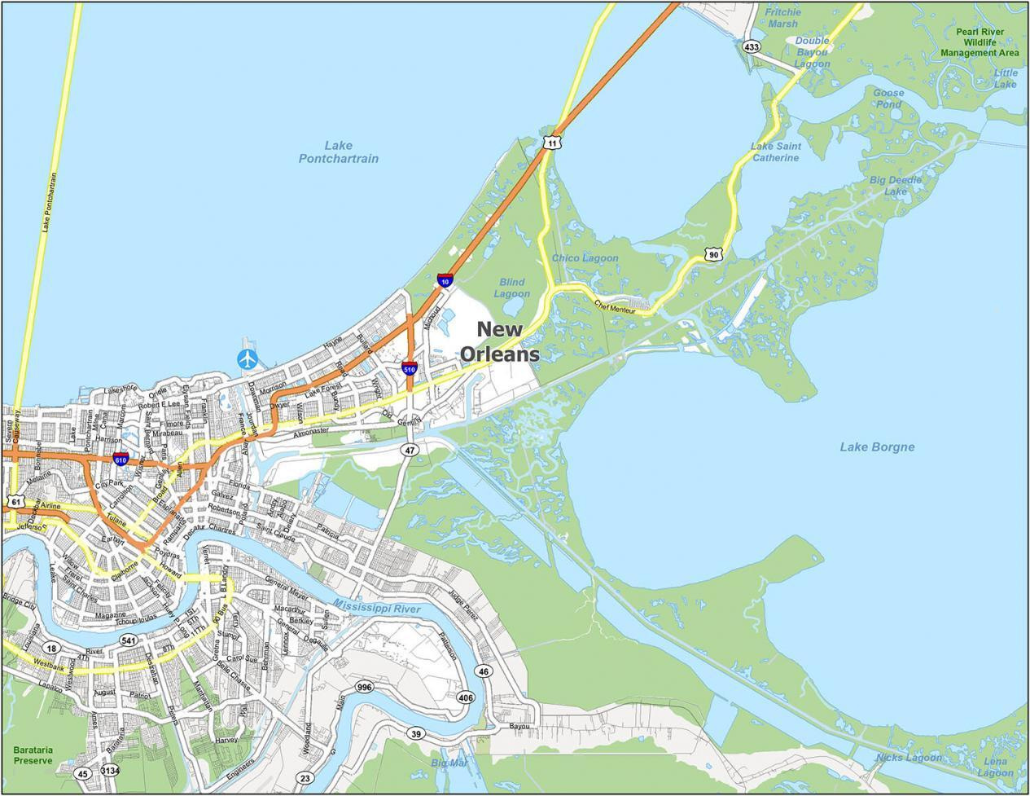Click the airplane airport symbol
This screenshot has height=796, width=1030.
[x=247, y=358]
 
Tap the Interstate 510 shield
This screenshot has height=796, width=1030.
[x=410, y=368]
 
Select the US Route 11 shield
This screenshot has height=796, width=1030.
[x=552, y=143]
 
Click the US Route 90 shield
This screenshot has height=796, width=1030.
[x=713, y=255]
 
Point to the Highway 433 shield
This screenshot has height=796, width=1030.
[x=752, y=47]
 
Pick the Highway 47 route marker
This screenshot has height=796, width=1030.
[x=410, y=450]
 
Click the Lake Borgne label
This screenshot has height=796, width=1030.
[x=877, y=446]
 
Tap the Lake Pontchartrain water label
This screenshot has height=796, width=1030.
[x=338, y=152]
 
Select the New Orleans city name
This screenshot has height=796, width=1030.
[x=500, y=341]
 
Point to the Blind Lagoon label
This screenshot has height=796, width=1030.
[x=511, y=288]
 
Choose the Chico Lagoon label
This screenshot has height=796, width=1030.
[x=585, y=258]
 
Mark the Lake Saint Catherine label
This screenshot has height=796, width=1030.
[x=775, y=152]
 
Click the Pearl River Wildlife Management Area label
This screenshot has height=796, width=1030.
[x=980, y=42]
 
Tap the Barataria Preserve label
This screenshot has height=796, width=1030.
[x=33, y=754]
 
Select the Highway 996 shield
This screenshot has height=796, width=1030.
[x=364, y=688]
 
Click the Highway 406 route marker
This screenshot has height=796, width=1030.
[x=466, y=697]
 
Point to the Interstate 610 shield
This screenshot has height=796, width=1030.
[x=121, y=460]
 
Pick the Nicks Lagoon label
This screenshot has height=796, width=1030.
[x=909, y=758]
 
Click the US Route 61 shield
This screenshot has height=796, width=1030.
[x=15, y=503]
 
